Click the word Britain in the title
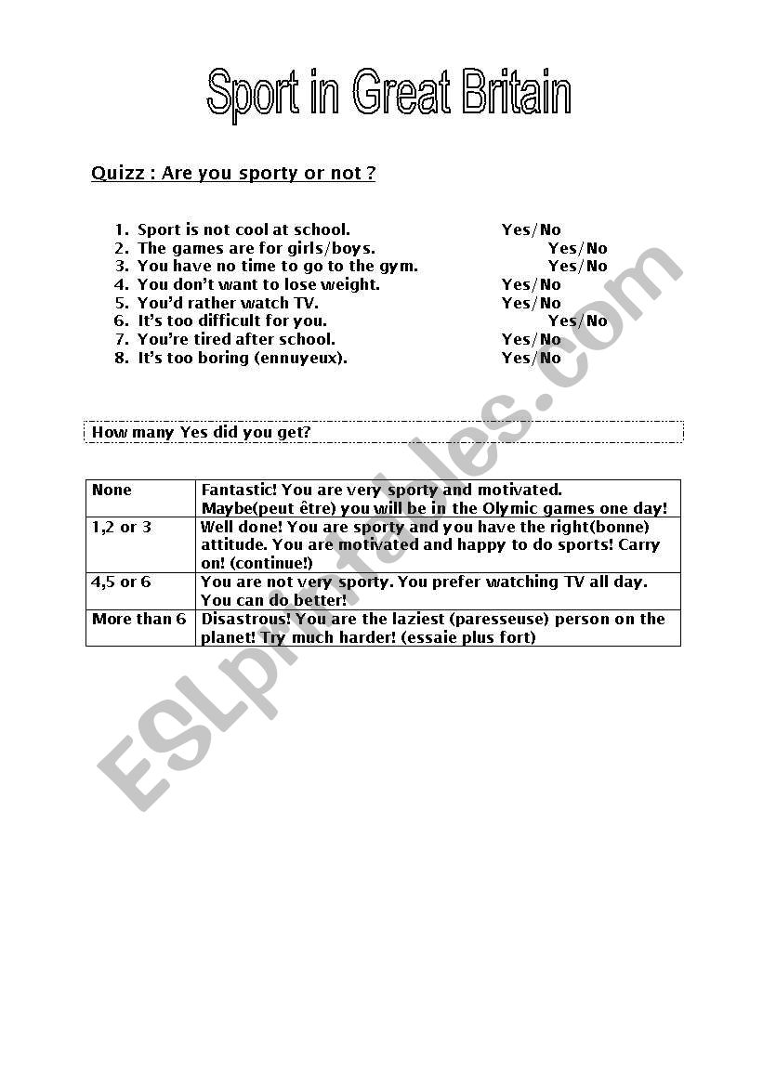[x=516, y=95]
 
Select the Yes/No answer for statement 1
[x=532, y=229]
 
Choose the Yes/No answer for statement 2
[x=577, y=248]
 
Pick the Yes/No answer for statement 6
[x=577, y=321]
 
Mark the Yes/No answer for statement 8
[x=532, y=358]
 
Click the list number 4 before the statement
[x=121, y=284]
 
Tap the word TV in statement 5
[x=305, y=303]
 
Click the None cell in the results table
[x=112, y=490]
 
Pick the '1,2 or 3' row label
[x=122, y=527]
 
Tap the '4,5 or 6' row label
[x=122, y=582]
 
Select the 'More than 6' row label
[x=138, y=619]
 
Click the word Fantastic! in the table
[x=239, y=490]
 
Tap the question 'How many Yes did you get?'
[x=201, y=432]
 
